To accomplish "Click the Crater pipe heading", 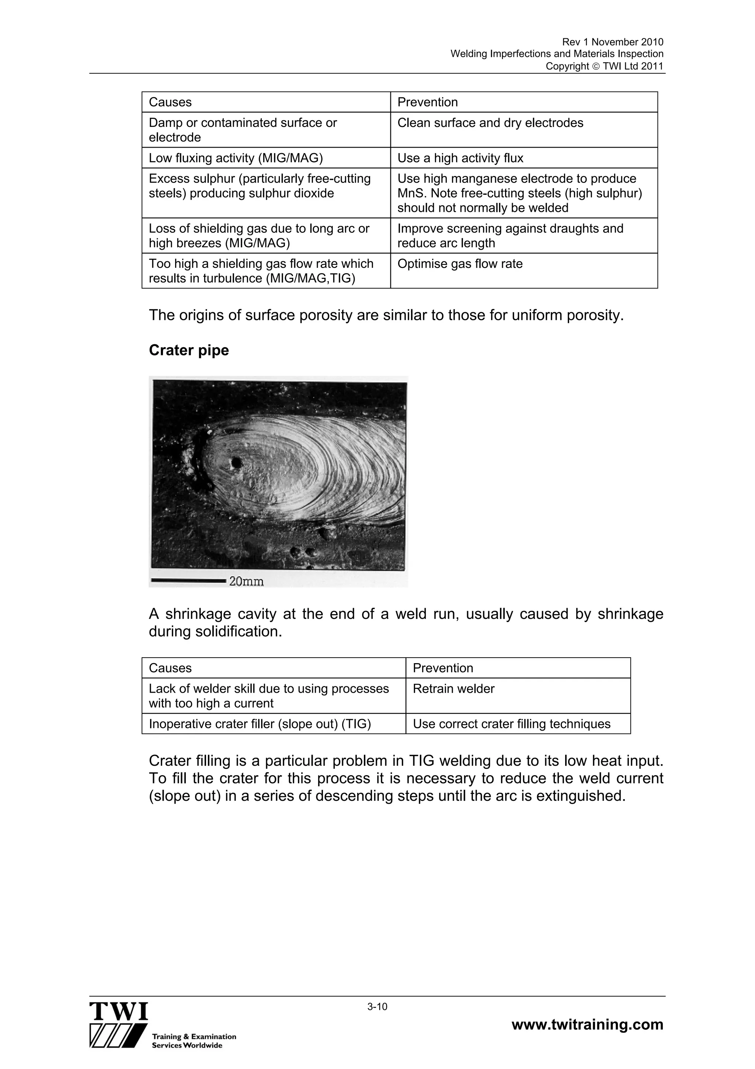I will (188, 350).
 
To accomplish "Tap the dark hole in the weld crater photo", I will (236, 463).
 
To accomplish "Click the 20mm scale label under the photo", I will (247, 582).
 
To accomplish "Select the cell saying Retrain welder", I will (453, 689).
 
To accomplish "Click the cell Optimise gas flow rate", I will (460, 264).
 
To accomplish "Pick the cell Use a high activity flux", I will (460, 158).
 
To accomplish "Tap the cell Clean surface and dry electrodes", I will (490, 123).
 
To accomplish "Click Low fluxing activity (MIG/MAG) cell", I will (236, 158).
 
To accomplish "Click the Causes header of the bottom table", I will (170, 668).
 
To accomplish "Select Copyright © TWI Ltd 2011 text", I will (604, 66).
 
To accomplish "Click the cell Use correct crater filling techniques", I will (511, 724).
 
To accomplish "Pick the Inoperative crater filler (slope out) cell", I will (260, 724).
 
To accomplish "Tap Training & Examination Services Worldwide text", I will (194, 1041).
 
